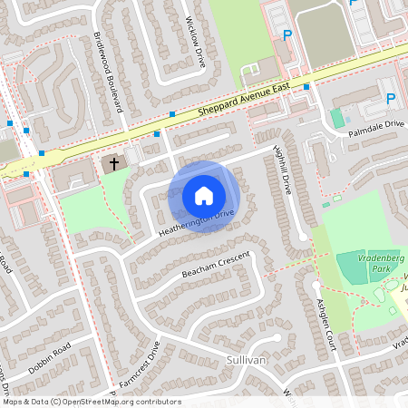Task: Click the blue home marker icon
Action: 204,195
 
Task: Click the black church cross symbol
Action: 114,164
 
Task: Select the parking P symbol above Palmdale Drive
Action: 391,99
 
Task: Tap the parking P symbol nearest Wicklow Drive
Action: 287,36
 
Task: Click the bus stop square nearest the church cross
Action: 157,134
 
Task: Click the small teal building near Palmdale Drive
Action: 337,118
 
